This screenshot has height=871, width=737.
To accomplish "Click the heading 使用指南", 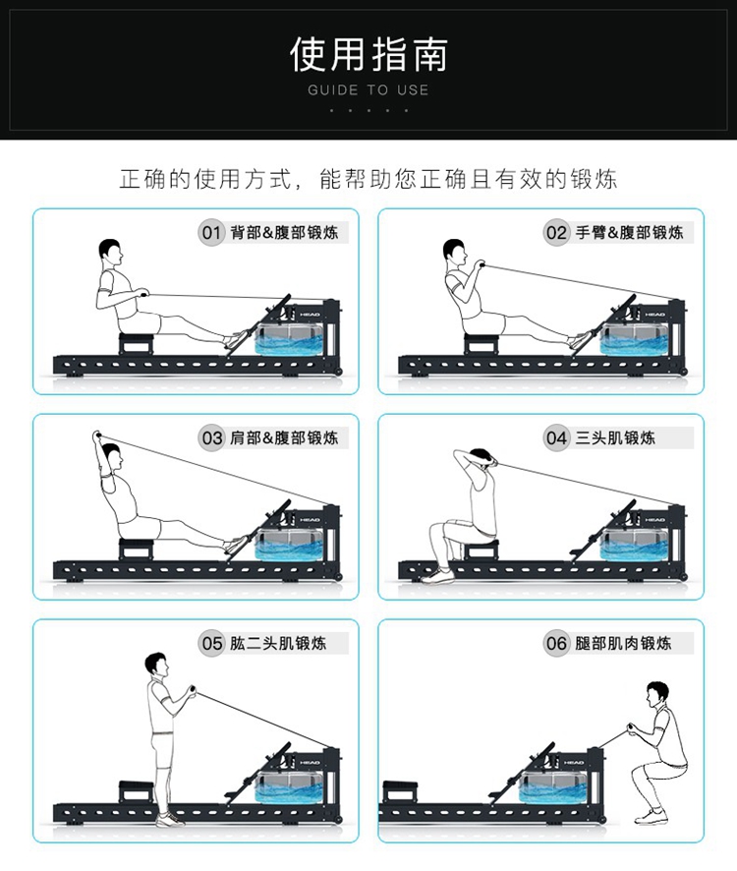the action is pos(368,54).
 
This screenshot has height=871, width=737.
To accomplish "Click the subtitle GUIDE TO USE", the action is pos(368,90).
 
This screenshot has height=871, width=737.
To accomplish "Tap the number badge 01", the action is pos(211,232).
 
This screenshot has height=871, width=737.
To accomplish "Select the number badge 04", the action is pos(556,437).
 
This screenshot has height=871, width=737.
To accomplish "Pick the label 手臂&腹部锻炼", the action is pos(629,232).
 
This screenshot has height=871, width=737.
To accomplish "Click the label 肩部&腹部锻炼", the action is pos(284,437).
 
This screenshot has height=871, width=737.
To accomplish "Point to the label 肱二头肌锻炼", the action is pos(278,643).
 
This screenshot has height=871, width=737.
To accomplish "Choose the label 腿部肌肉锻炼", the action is pos(623,643).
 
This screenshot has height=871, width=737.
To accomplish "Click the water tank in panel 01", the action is pos(288,339).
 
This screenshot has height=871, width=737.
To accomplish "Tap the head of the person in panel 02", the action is pos(454,252).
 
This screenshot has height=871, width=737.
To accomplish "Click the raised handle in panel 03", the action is pos(96,435).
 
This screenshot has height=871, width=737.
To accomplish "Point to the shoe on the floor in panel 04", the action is pos(437,576).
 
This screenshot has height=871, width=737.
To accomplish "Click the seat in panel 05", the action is pos(136,791).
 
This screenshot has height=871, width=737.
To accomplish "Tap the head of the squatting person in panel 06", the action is pos(657,695).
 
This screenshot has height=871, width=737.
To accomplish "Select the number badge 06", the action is pos(556,643).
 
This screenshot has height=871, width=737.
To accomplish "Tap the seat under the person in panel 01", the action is pos(136,343).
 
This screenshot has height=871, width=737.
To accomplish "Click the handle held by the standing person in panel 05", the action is pos(193,691).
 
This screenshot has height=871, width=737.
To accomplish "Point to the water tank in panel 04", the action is pos(633,545).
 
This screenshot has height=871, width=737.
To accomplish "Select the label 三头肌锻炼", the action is pos(615,437).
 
